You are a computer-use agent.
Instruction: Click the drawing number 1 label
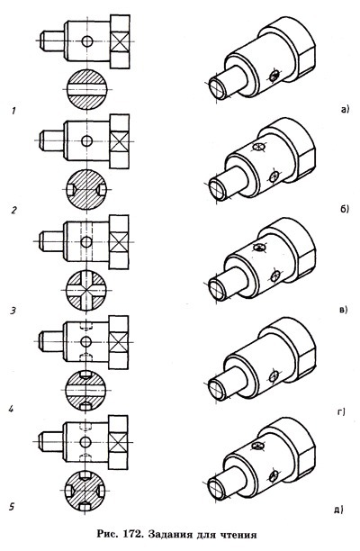coord(13,111)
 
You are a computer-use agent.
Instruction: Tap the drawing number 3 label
coord(13,311)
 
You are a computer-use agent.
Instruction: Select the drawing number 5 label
coord(12,507)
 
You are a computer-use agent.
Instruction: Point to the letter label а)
coord(344,110)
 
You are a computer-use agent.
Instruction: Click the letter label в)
coord(343,310)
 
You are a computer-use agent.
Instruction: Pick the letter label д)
coord(338,510)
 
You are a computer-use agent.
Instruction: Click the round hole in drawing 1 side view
coord(87,41)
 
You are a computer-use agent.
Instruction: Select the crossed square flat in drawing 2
coord(119,141)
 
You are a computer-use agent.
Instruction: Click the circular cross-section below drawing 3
coord(86,291)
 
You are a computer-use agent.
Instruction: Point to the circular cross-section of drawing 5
coord(85,490)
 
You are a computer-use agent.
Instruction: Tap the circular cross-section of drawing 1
coord(86,90)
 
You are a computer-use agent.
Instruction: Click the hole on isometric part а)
coord(274,75)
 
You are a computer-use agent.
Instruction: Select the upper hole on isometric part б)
coord(259,147)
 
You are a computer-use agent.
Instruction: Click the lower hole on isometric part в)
coord(275,275)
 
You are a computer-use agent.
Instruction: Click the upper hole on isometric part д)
coord(258,447)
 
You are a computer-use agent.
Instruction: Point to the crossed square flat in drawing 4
coord(118,341)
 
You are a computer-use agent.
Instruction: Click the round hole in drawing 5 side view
coord(85,441)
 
